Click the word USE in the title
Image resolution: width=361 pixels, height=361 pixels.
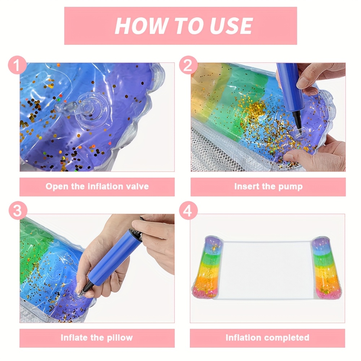[231, 26]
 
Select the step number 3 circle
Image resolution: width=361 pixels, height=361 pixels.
[18, 210]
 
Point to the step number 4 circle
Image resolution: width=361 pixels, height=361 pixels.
[188, 210]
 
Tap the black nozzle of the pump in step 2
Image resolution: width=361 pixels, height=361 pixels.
[297, 122]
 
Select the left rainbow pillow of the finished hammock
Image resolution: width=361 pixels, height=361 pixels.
[208, 267]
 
